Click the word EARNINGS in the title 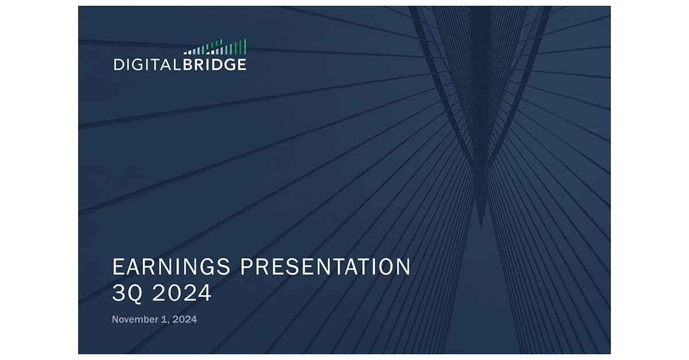[x=171, y=268]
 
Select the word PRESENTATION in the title [x=325, y=268]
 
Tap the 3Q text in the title [x=127, y=293]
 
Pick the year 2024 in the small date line [x=184, y=319]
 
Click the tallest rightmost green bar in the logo [x=245, y=47]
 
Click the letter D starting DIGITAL [x=118, y=64]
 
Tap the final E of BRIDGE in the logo [x=241, y=64]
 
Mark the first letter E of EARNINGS [x=118, y=268]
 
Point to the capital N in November [x=115, y=319]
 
